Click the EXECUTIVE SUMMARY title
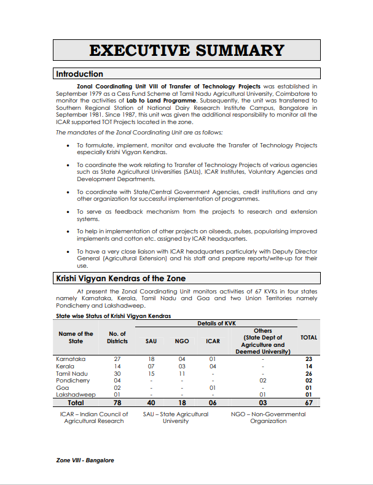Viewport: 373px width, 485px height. [186, 50]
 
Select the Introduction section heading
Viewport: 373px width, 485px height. [80, 74]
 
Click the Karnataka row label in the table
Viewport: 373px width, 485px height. [71, 359]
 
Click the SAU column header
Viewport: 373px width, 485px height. [151, 341]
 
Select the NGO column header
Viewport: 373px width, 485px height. [181, 341]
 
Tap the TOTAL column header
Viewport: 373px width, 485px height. [308, 338]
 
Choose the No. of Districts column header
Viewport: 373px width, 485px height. [117, 338]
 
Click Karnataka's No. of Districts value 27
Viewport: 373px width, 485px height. [117, 359]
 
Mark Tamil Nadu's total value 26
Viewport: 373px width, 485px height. [309, 373]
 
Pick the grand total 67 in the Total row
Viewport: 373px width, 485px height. [309, 403]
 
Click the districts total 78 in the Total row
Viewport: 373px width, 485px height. [117, 403]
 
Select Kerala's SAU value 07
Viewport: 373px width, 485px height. [151, 366]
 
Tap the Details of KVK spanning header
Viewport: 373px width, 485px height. [217, 324]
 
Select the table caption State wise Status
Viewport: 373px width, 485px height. [113, 316]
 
